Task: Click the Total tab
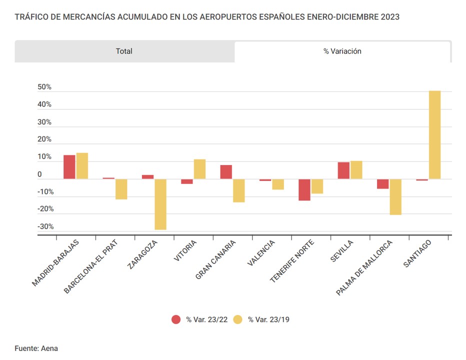tap(124, 51)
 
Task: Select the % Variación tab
tap(342, 51)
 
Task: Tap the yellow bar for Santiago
tap(434, 135)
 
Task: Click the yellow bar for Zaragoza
tap(160, 204)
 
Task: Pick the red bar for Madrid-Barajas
tap(69, 167)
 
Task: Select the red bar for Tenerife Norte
tap(304, 190)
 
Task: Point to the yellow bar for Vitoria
tap(199, 169)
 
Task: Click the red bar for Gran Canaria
tap(226, 172)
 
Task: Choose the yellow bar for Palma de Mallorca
tap(395, 197)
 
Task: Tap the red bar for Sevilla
tap(343, 170)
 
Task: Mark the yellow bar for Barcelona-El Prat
tap(121, 189)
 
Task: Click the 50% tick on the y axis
tap(44, 87)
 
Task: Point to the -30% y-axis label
tap(45, 226)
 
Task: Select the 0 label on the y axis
tap(39, 174)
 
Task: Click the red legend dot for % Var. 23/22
tap(176, 319)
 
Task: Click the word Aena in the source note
tap(49, 348)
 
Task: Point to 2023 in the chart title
tap(389, 17)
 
